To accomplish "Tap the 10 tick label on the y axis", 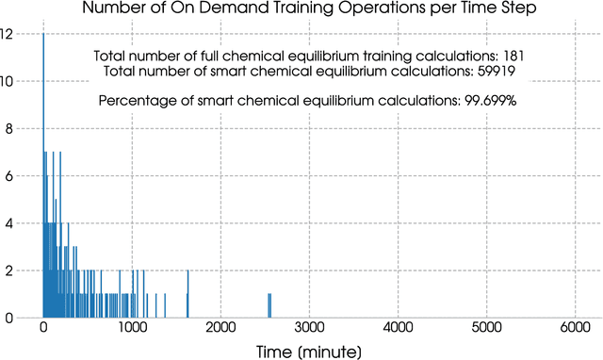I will click(8, 81).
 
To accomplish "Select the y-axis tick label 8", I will click(8, 128).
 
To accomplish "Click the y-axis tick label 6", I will click(8, 176).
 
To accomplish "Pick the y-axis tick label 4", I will click(8, 223).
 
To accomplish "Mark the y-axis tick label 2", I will click(8, 270).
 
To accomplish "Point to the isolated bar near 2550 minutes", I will click(269, 306).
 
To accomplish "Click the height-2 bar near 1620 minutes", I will click(187, 295).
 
